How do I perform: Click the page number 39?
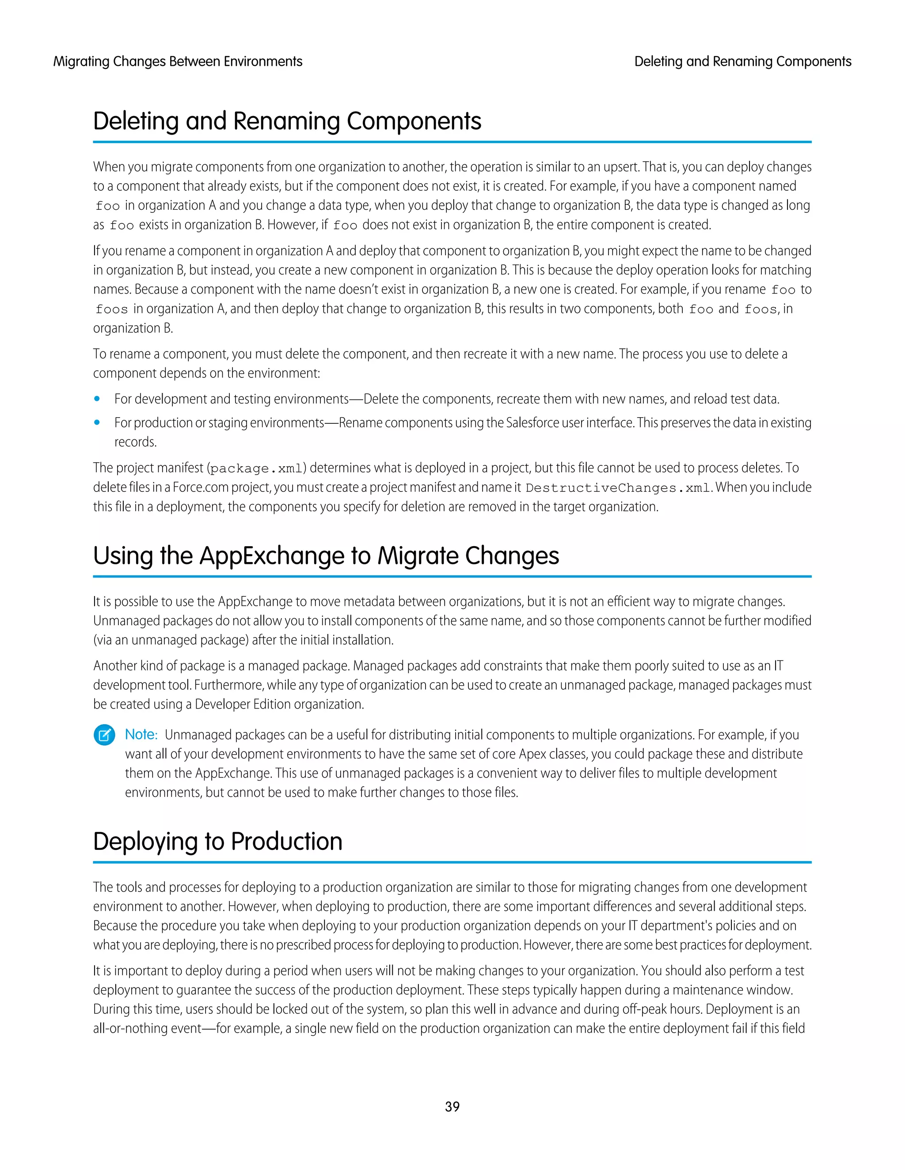452,1106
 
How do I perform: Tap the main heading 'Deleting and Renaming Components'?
287,121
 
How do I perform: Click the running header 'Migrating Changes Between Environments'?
178,62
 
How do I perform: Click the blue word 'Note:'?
141,735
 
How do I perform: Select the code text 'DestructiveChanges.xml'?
618,488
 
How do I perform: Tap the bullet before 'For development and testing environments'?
97,399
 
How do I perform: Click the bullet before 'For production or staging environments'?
97,422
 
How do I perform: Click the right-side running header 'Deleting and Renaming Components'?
742,62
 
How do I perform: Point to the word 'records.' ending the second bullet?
136,442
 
